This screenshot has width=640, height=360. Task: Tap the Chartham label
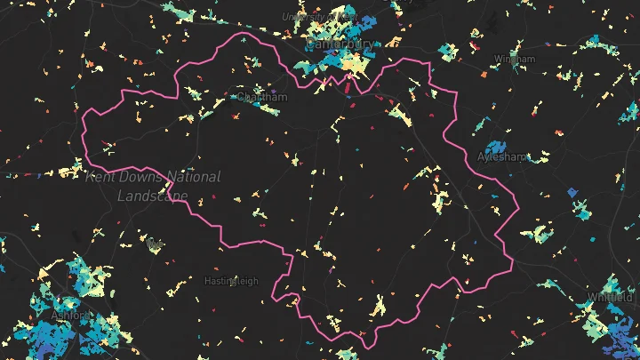262,98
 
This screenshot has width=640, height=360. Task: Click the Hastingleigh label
231,281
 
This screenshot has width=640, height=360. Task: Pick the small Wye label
156,242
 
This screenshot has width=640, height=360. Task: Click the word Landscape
153,196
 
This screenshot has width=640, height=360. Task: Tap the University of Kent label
320,17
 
